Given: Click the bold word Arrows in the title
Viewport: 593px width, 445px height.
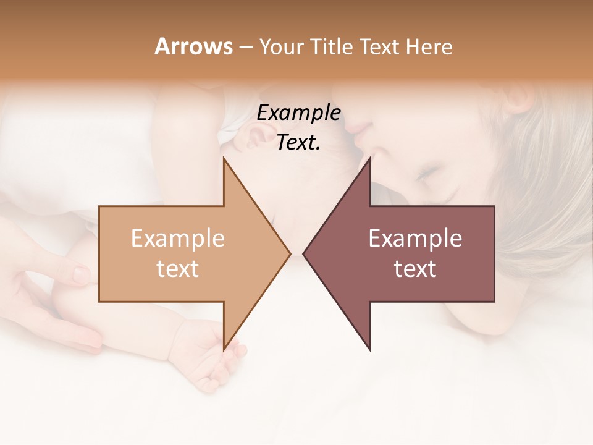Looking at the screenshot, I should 194,46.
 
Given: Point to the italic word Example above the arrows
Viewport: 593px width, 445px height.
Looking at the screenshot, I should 299,113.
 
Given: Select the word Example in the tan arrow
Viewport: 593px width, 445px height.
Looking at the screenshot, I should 178,238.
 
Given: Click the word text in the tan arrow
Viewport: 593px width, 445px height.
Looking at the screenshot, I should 178,269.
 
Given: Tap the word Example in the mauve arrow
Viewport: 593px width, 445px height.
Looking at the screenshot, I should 415,238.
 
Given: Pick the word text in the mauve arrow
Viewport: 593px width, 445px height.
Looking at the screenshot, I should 415,269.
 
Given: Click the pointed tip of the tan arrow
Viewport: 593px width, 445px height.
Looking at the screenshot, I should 290,253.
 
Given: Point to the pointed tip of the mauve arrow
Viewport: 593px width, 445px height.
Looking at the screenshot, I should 304,253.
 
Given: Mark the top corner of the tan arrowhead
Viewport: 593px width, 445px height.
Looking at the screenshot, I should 224,159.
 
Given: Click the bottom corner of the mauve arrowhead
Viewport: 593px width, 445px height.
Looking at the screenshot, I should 369,349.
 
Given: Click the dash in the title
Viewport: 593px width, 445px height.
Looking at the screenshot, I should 245,47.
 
